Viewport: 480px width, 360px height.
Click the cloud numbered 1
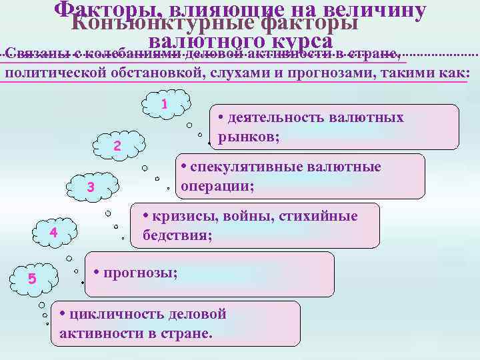[x=165, y=104]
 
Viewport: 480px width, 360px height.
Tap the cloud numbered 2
[x=117, y=146]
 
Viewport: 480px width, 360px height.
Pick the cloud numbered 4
[x=54, y=232]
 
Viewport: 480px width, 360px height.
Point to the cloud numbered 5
[x=31, y=277]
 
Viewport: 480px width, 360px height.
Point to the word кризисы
[x=184, y=216]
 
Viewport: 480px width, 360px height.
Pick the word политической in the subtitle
[x=53, y=73]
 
